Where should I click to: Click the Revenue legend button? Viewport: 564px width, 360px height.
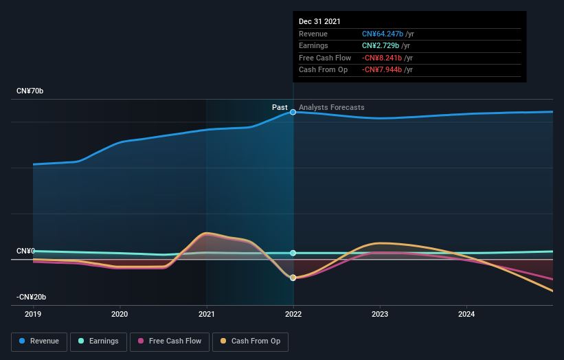click(40, 341)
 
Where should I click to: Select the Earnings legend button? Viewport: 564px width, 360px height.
click(98, 341)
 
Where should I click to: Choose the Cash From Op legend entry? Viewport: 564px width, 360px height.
click(251, 341)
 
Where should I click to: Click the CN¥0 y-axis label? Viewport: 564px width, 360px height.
click(26, 251)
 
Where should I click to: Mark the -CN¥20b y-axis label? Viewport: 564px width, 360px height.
click(32, 297)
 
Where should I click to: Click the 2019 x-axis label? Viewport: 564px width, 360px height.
click(33, 315)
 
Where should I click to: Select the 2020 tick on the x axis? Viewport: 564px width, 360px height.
click(120, 315)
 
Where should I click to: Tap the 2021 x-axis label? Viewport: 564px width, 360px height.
click(206, 315)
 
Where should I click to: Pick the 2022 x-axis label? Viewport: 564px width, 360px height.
click(293, 315)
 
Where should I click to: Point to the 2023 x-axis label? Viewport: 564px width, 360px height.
click(380, 315)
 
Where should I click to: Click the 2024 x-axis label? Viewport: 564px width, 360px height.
click(466, 315)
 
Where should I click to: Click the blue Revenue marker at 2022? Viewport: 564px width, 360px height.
click(293, 112)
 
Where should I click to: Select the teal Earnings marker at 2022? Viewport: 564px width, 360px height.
click(293, 253)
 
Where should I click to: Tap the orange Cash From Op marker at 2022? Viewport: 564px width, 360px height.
click(293, 278)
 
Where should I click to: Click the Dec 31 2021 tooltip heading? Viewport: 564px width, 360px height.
click(319, 22)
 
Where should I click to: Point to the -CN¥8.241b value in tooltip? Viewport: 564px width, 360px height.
click(382, 58)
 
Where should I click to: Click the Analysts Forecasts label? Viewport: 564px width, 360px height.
click(332, 107)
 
